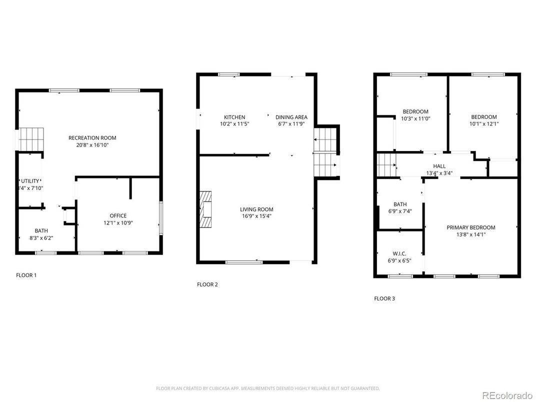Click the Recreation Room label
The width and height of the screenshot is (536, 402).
92,138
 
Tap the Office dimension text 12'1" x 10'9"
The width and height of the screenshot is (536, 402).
118,223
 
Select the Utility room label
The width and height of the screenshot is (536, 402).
30,181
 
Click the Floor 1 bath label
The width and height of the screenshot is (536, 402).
41,231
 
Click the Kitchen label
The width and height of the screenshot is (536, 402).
234,117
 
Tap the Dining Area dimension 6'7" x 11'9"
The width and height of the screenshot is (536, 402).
291,124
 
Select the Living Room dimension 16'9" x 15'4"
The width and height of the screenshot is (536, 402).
256,216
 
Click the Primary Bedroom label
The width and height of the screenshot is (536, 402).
470,227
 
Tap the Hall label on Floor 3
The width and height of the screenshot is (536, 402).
439,166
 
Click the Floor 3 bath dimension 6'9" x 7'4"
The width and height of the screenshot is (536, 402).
399,211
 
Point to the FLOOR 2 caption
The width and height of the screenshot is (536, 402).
207,284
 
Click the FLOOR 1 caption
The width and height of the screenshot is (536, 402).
26,275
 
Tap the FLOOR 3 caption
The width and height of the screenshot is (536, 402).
384,298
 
